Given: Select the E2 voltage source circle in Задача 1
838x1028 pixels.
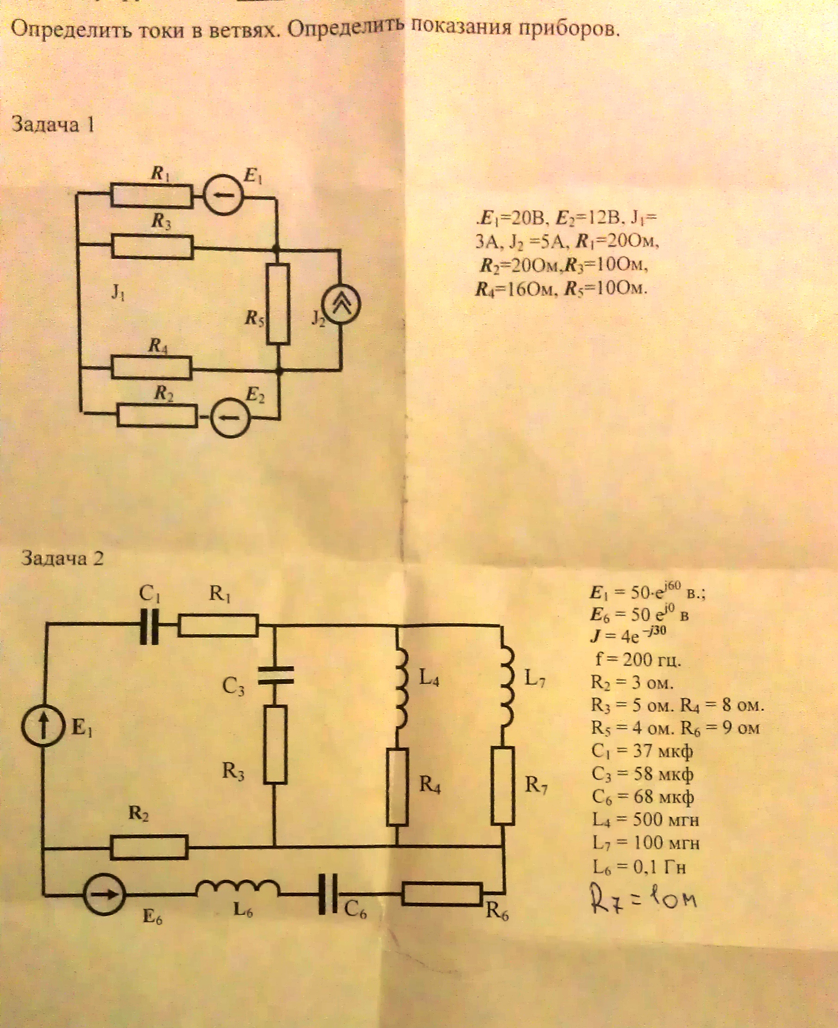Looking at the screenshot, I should tap(231, 417).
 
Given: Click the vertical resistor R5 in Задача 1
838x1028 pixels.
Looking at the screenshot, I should tap(279, 304).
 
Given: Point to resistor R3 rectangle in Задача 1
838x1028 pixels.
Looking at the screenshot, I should tap(153, 247).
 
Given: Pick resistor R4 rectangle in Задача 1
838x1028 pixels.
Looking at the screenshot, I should tap(152, 368).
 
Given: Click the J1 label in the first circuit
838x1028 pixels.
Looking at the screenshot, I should tap(118, 293).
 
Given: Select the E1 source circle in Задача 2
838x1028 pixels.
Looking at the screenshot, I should tap(43, 726).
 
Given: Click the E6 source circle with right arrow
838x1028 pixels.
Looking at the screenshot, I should tap(104, 894).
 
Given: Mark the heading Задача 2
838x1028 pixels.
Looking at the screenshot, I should tap(62, 558).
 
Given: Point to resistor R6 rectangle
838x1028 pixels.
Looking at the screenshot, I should tap(442, 894).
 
